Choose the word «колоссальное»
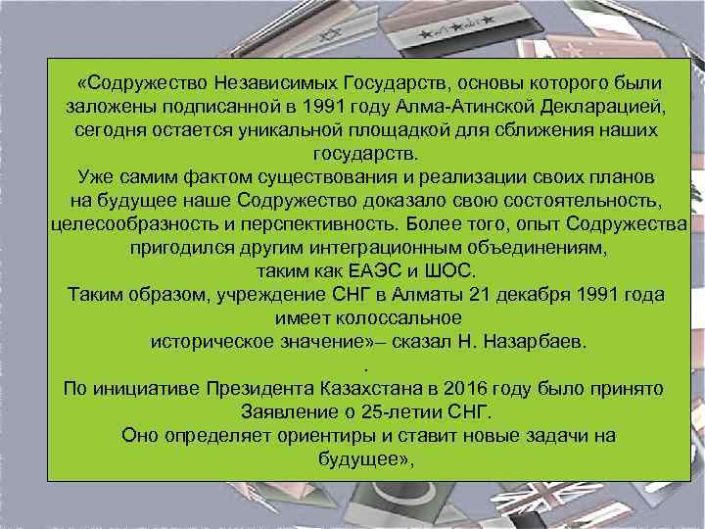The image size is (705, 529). click(397, 318)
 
